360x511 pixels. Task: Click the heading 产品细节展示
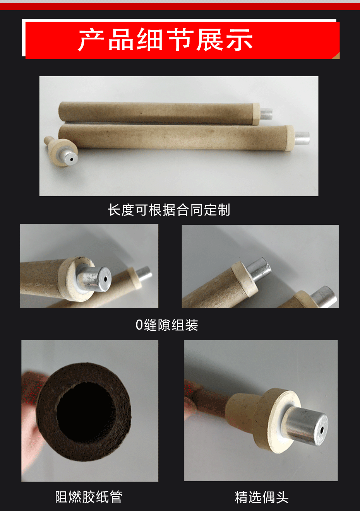click(x=165, y=39)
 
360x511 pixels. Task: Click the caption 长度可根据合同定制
click(x=169, y=210)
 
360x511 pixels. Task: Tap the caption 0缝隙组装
click(x=167, y=325)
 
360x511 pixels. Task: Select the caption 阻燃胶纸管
click(x=89, y=497)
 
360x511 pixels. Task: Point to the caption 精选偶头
click(x=261, y=497)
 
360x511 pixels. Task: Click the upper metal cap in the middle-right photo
click(x=258, y=268)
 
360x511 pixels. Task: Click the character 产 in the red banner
click(x=91, y=39)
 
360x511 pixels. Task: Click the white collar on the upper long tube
click(x=256, y=114)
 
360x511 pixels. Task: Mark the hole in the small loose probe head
click(x=72, y=159)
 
